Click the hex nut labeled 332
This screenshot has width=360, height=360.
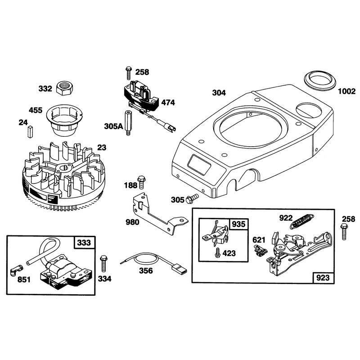click(x=65, y=88)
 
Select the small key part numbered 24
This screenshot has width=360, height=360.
click(x=30, y=132)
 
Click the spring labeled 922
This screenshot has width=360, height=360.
click(x=301, y=221)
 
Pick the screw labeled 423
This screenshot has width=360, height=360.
click(x=216, y=253)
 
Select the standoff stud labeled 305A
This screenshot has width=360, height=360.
click(x=128, y=123)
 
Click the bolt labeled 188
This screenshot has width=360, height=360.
click(x=141, y=182)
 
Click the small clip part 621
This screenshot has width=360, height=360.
click(x=260, y=250)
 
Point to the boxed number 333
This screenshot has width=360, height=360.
click(x=84, y=243)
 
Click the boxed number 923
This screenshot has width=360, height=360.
click(x=323, y=278)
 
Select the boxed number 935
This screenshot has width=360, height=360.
click(x=238, y=224)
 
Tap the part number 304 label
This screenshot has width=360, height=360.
click(x=219, y=93)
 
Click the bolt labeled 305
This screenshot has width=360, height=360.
click(x=192, y=198)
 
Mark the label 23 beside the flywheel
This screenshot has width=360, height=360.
click(x=102, y=148)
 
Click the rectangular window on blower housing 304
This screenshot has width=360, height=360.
click(x=199, y=164)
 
